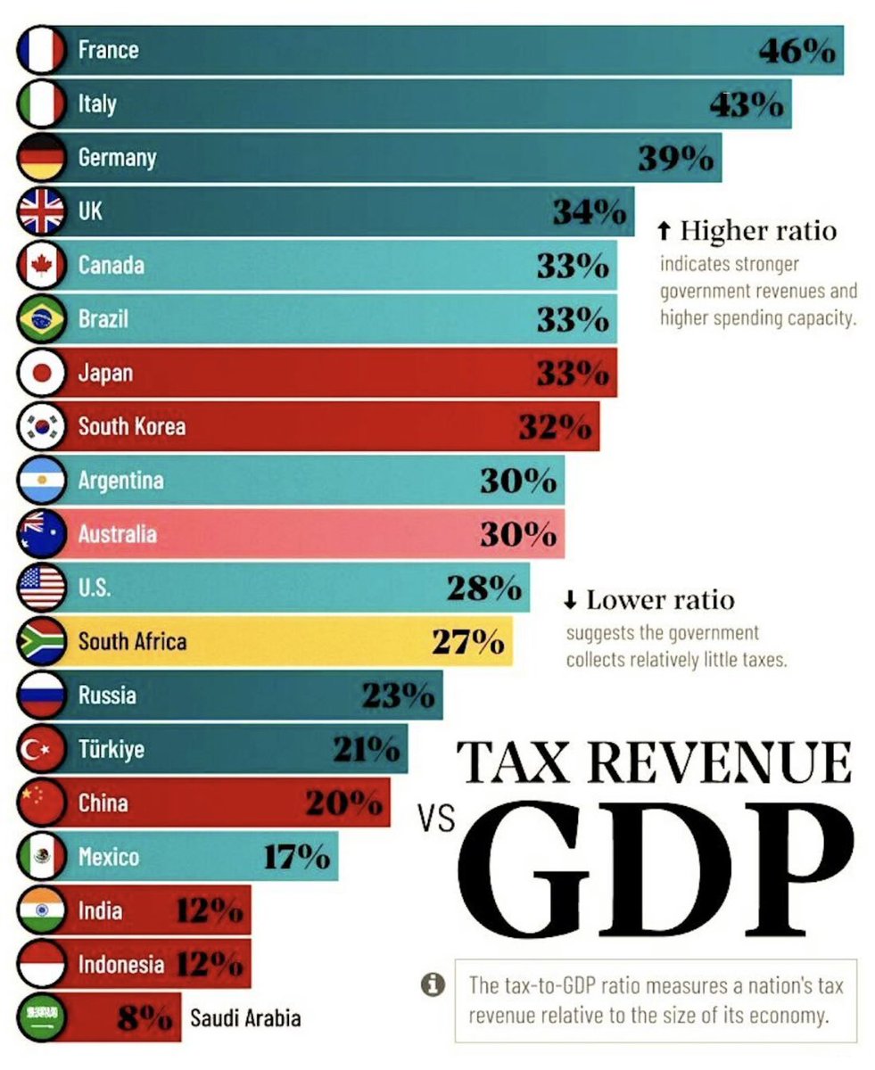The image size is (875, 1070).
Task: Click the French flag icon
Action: point(41,49)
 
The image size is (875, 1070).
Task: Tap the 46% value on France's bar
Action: point(797,51)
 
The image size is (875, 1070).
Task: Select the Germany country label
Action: point(117,158)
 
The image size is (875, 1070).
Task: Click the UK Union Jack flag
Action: point(41,211)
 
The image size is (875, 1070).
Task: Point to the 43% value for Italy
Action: point(747,105)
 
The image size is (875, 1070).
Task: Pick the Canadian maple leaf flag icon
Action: point(41,265)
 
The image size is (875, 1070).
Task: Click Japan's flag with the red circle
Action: point(41,373)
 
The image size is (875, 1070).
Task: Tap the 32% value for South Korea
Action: point(555,427)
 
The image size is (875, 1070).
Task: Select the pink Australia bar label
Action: point(117,534)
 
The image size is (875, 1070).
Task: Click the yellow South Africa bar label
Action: point(132,641)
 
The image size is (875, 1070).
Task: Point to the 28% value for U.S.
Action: point(484,588)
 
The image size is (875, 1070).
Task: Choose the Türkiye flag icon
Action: point(41,749)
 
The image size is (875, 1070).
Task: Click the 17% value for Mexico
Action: point(296,857)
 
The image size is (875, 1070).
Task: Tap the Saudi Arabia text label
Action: point(245,1017)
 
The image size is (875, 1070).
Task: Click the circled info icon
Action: point(433,985)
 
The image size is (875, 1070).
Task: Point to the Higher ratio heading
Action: point(758,231)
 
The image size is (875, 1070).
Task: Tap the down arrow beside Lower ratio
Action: point(571,600)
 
